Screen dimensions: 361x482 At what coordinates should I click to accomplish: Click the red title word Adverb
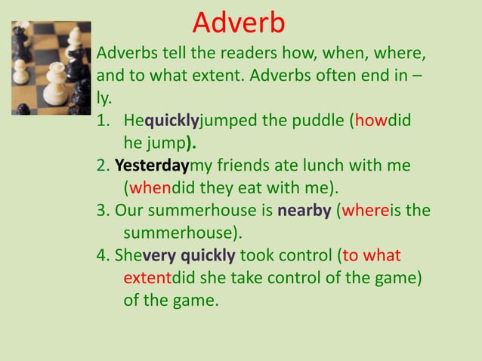point(239,23)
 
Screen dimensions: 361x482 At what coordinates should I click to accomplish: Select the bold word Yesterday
point(151,165)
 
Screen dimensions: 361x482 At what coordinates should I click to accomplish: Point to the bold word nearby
point(304,210)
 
